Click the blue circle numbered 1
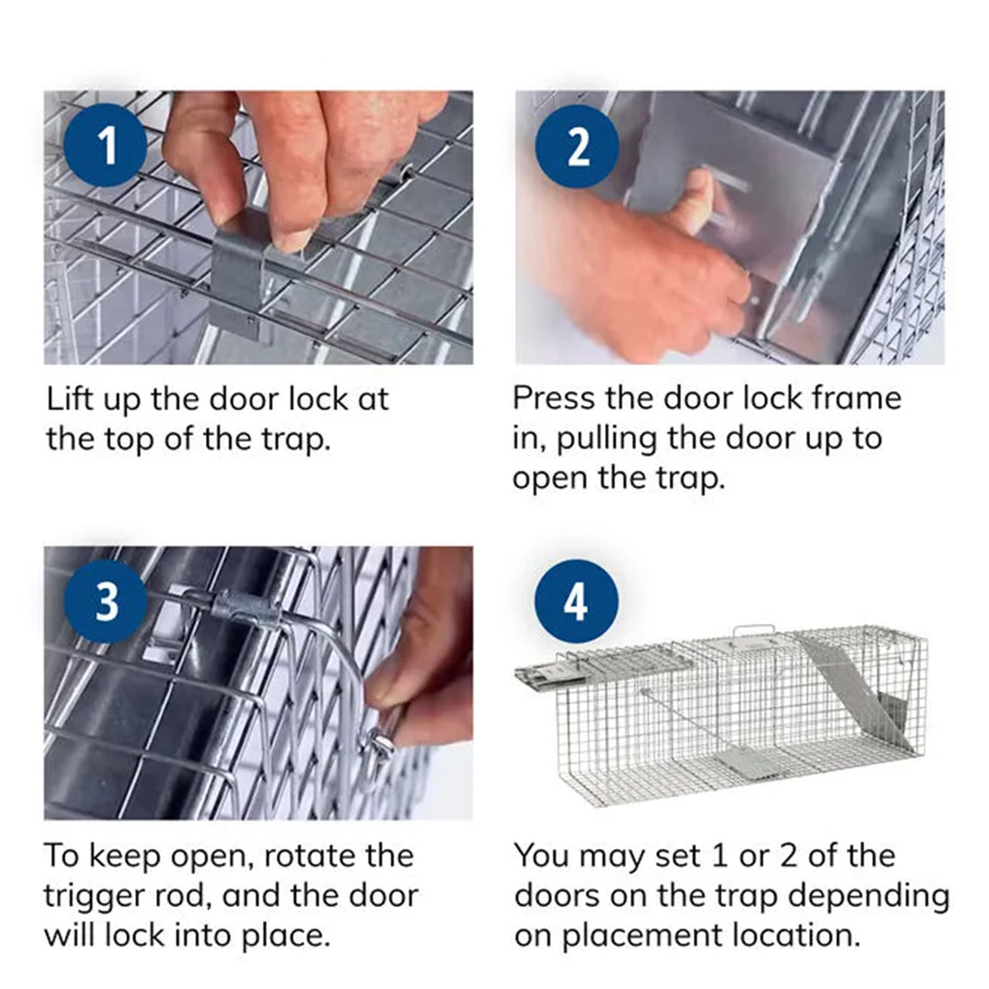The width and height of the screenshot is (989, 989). coord(106,145)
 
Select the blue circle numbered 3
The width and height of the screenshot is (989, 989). coord(106,601)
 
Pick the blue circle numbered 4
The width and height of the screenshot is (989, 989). coord(576,601)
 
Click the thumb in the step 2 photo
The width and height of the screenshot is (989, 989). coord(692,201)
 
